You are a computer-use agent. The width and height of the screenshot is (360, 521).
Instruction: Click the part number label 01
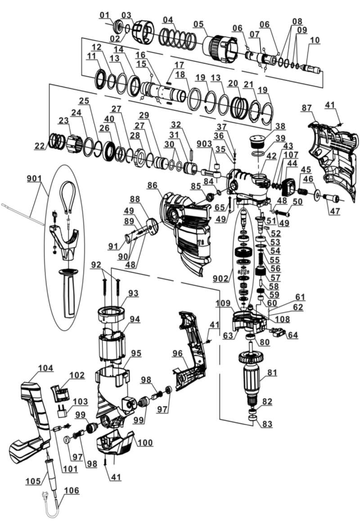click(x=104, y=16)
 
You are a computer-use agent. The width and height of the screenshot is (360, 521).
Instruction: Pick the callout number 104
click(x=45, y=368)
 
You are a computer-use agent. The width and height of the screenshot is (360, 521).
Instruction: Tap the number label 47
click(x=333, y=210)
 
